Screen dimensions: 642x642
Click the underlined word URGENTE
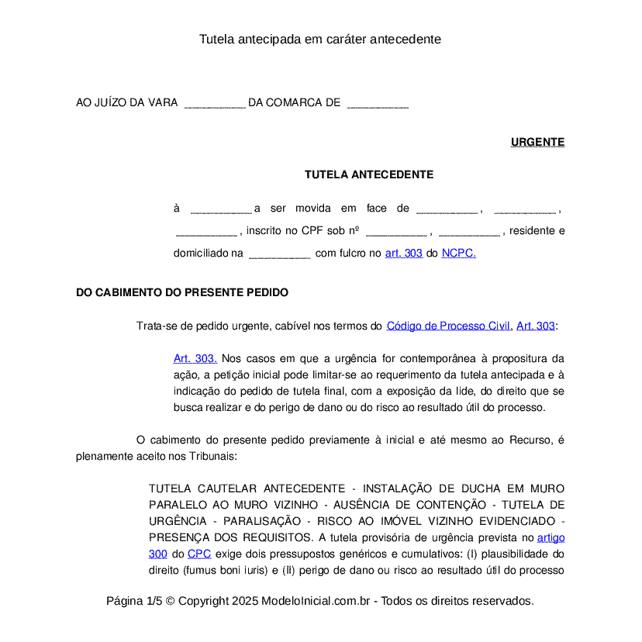click(537, 142)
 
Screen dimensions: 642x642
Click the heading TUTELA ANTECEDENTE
click(369, 174)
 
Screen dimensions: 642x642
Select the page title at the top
click(320, 39)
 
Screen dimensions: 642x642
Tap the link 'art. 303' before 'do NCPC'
click(404, 253)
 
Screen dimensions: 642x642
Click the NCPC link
click(458, 253)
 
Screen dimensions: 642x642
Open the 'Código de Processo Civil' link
click(448, 326)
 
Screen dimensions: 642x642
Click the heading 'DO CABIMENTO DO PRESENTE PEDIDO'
click(182, 292)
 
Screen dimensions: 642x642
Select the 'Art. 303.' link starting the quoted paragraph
click(195, 358)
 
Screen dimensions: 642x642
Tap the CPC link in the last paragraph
click(199, 554)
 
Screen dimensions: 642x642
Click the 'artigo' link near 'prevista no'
click(551, 537)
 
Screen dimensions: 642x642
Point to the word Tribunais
click(210, 456)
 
